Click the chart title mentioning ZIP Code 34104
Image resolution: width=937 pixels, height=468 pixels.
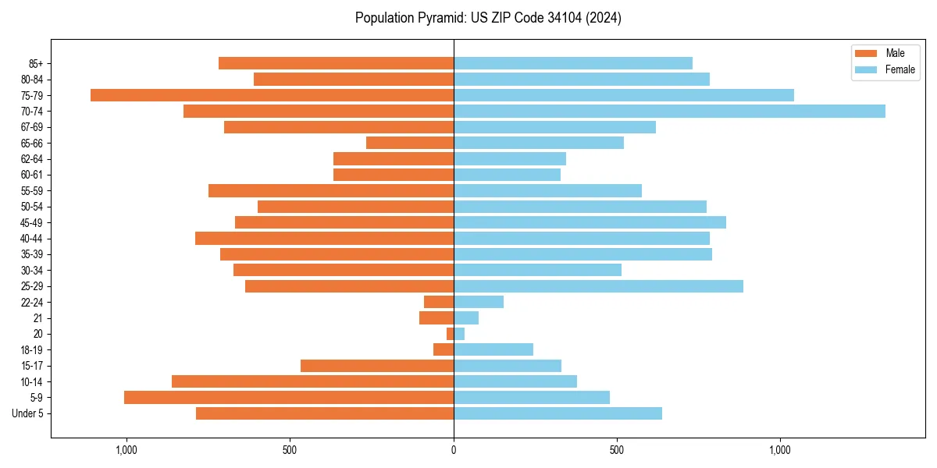click(488, 18)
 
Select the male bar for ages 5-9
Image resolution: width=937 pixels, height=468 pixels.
click(289, 398)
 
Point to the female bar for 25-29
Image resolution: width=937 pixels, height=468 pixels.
click(598, 286)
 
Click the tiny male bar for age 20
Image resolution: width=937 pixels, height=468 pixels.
click(450, 334)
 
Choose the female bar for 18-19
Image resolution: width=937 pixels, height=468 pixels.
click(493, 349)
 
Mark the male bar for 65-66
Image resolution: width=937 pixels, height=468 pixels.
click(410, 143)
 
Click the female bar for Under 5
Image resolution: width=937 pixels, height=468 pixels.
click(558, 413)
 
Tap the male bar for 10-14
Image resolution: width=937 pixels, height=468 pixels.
click(312, 381)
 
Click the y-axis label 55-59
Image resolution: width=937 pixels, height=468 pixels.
click(31, 191)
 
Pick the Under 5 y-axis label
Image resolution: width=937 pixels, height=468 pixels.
click(27, 413)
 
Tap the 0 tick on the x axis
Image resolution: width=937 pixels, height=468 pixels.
click(454, 450)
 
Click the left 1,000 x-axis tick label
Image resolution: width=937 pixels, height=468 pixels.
click(126, 450)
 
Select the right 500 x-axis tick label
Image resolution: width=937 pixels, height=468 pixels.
click(617, 450)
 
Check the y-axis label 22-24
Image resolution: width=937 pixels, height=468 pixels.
click(31, 303)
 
